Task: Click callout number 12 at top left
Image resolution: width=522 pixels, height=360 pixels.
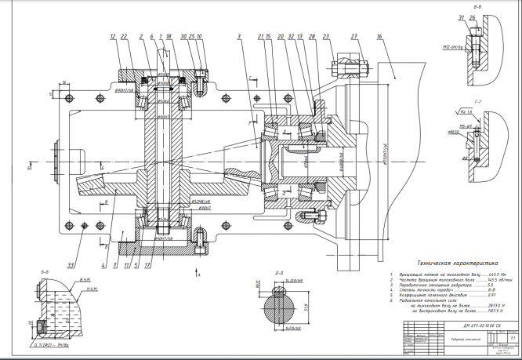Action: [x=113, y=37]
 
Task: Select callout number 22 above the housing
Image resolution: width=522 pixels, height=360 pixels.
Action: [x=125, y=37]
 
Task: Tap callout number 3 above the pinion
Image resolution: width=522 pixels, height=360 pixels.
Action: [x=237, y=37]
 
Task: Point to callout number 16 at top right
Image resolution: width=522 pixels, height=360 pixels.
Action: [x=379, y=37]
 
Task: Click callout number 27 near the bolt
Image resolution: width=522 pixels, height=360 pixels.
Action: [x=354, y=37]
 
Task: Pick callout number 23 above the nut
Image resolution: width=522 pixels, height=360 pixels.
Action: [x=325, y=37]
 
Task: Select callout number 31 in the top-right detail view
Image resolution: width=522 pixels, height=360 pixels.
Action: [x=461, y=19]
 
